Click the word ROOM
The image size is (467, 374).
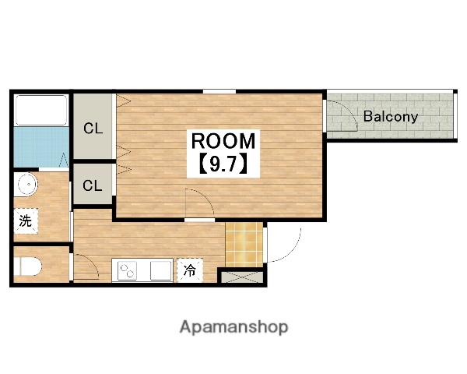pyautogui.click(x=223, y=141)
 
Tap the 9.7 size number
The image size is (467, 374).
pyautogui.click(x=223, y=164)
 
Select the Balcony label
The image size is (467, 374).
pyautogui.click(x=391, y=117)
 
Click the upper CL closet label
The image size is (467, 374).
pyautogui.click(x=93, y=129)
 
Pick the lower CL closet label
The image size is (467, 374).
pyautogui.click(x=93, y=185)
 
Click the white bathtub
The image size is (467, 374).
pyautogui.click(x=41, y=110)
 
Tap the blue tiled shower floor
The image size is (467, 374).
pyautogui.click(x=41, y=147)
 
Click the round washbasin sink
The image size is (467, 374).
pyautogui.click(x=28, y=184)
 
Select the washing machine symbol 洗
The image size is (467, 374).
pyautogui.click(x=26, y=221)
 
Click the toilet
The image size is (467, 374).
pyautogui.click(x=28, y=266)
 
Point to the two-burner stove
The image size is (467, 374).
pyautogui.click(x=127, y=271)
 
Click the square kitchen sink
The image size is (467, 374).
pyautogui.click(x=161, y=271)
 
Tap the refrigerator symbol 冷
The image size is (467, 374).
pyautogui.click(x=190, y=270)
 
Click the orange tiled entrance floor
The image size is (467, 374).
pyautogui.click(x=244, y=245)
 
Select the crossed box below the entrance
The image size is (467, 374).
pyautogui.click(x=241, y=277)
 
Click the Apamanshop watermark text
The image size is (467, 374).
pyautogui.click(x=233, y=327)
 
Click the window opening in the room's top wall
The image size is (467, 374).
pyautogui.click(x=219, y=91)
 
